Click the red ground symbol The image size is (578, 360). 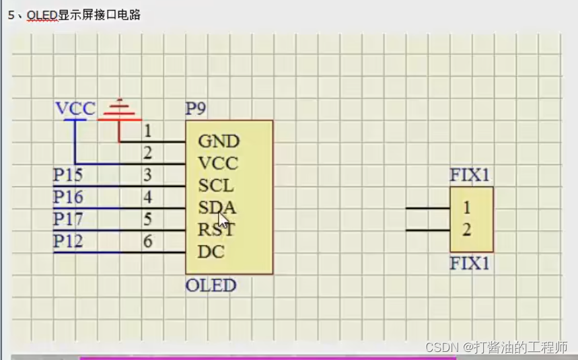(119, 111)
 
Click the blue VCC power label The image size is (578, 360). (75, 109)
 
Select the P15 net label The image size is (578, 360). (69, 176)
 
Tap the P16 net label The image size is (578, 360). (69, 198)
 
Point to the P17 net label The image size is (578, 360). (69, 220)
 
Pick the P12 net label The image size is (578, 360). (69, 242)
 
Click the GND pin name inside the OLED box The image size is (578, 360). (219, 141)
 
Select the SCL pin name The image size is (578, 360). (215, 185)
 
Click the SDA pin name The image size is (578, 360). (217, 207)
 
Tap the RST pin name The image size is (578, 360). (216, 230)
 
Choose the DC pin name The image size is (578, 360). (211, 252)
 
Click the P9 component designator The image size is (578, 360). (195, 109)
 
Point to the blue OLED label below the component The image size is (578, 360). (211, 285)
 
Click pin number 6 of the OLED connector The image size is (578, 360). (148, 242)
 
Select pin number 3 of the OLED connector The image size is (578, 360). (148, 176)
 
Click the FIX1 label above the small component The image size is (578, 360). (470, 176)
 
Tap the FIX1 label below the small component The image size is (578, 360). (470, 263)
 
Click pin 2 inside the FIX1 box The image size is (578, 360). (466, 230)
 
